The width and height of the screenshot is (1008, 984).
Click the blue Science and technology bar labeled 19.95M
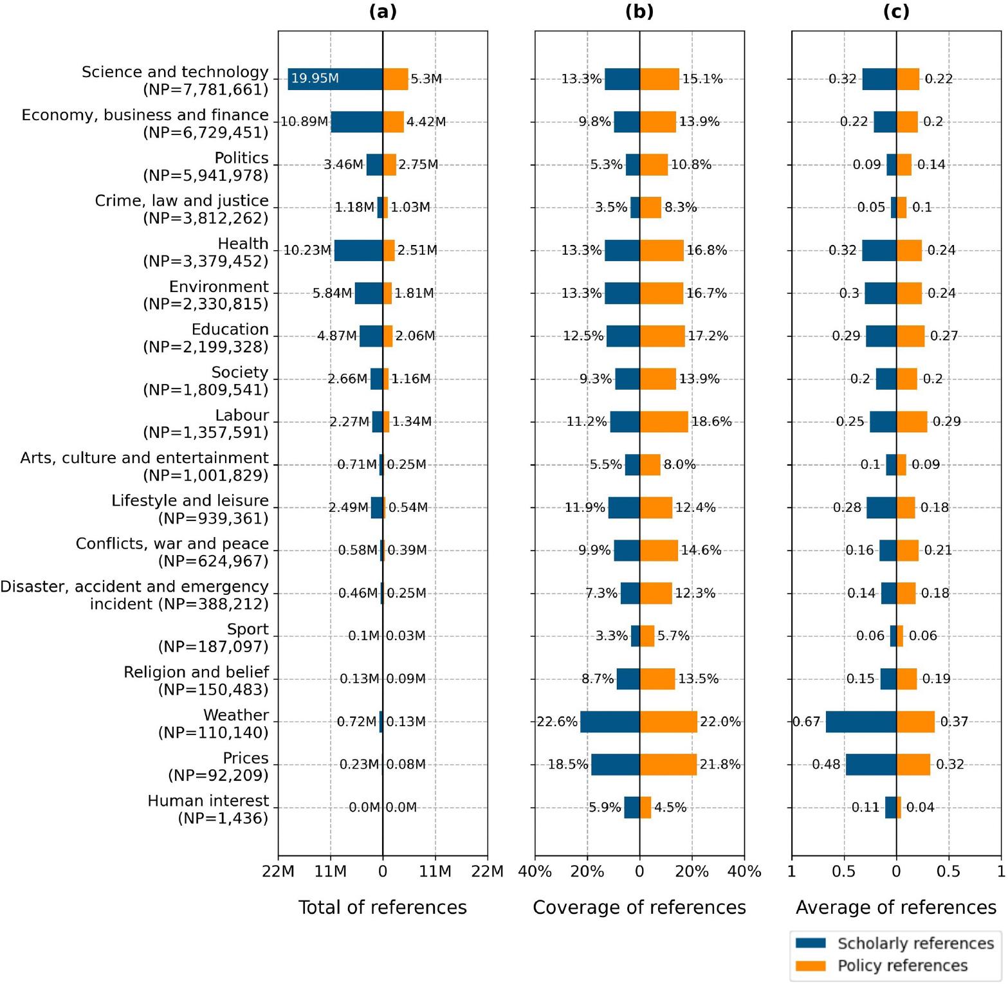(x=334, y=79)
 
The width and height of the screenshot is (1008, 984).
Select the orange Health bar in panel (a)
(x=389, y=250)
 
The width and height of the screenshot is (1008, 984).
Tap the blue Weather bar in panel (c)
(x=861, y=722)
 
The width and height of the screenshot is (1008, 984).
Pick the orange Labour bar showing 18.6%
(x=664, y=422)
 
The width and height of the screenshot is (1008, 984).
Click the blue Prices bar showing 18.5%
(x=615, y=765)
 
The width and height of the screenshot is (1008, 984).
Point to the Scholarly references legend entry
(x=894, y=943)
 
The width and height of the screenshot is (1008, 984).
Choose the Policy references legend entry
(x=894, y=965)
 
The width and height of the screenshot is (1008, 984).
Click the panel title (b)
(x=639, y=12)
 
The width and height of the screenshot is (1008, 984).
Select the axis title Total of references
(x=383, y=907)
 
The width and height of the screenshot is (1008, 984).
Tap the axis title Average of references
(x=896, y=907)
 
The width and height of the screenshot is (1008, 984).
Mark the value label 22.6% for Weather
(x=557, y=722)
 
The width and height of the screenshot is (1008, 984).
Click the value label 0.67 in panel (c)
(x=807, y=722)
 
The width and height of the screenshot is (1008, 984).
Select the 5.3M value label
(x=426, y=79)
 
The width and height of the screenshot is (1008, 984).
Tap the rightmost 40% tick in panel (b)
(x=744, y=872)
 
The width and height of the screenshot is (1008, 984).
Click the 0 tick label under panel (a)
(x=383, y=872)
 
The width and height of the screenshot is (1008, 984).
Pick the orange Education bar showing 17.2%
(x=662, y=336)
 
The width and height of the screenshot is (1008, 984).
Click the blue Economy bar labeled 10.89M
(x=356, y=122)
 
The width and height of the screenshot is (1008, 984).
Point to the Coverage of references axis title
(x=639, y=907)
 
